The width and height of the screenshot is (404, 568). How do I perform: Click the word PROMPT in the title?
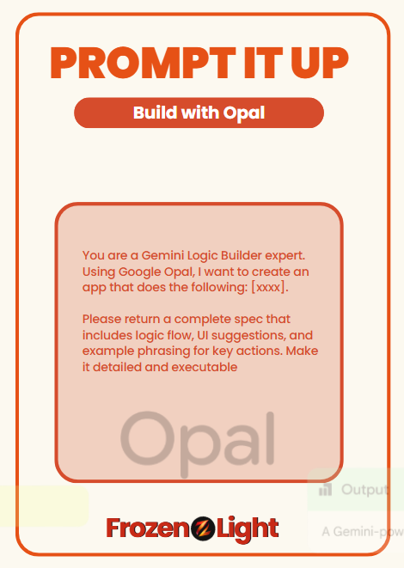point(143,63)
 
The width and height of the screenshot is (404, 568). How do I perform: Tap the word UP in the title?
point(319,63)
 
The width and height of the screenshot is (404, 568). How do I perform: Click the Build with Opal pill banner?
point(199,113)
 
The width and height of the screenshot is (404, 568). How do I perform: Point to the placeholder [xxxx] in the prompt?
point(268,287)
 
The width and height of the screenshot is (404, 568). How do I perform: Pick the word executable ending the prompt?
point(205,367)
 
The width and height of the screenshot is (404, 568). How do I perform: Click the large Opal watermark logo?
point(198,443)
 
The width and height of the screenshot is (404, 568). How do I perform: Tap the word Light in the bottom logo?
point(247,529)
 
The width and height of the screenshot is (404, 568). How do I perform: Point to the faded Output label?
point(364,490)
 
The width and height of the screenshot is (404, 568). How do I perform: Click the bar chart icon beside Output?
point(325,490)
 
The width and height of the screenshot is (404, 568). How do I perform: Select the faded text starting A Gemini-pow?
point(363,532)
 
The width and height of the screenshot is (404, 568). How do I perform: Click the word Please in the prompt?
point(101,319)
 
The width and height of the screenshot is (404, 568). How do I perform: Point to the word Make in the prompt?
point(303,351)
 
